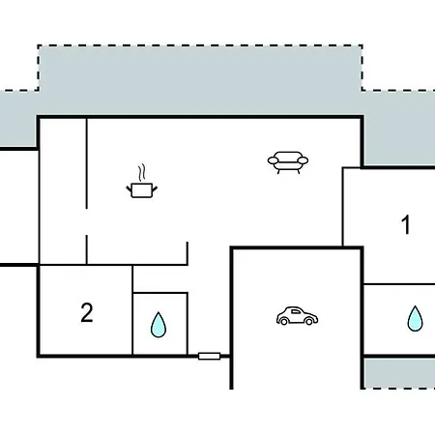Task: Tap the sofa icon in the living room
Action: pyautogui.click(x=288, y=162)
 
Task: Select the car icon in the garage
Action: pyautogui.click(x=297, y=316)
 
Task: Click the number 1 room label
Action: pyautogui.click(x=406, y=224)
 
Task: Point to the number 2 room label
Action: pyautogui.click(x=87, y=312)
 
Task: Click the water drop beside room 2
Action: pyautogui.click(x=159, y=325)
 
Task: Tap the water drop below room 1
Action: pyautogui.click(x=415, y=318)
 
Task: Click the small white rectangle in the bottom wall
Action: pyautogui.click(x=209, y=356)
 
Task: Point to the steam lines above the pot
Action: pyautogui.click(x=142, y=173)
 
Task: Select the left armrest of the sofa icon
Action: pyautogui.click(x=273, y=159)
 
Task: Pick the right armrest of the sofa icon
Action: pyautogui.click(x=303, y=159)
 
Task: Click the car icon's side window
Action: pyautogui.click(x=296, y=311)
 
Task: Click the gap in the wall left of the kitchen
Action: pyautogui.click(x=86, y=222)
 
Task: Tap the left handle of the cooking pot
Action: pyautogui.click(x=129, y=188)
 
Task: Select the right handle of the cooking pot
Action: pyautogui.click(x=155, y=188)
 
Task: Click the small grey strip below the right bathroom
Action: pyautogui.click(x=399, y=373)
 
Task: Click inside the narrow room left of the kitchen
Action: pyautogui.click(x=63, y=191)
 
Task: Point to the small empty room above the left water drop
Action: pyautogui.click(x=159, y=279)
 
